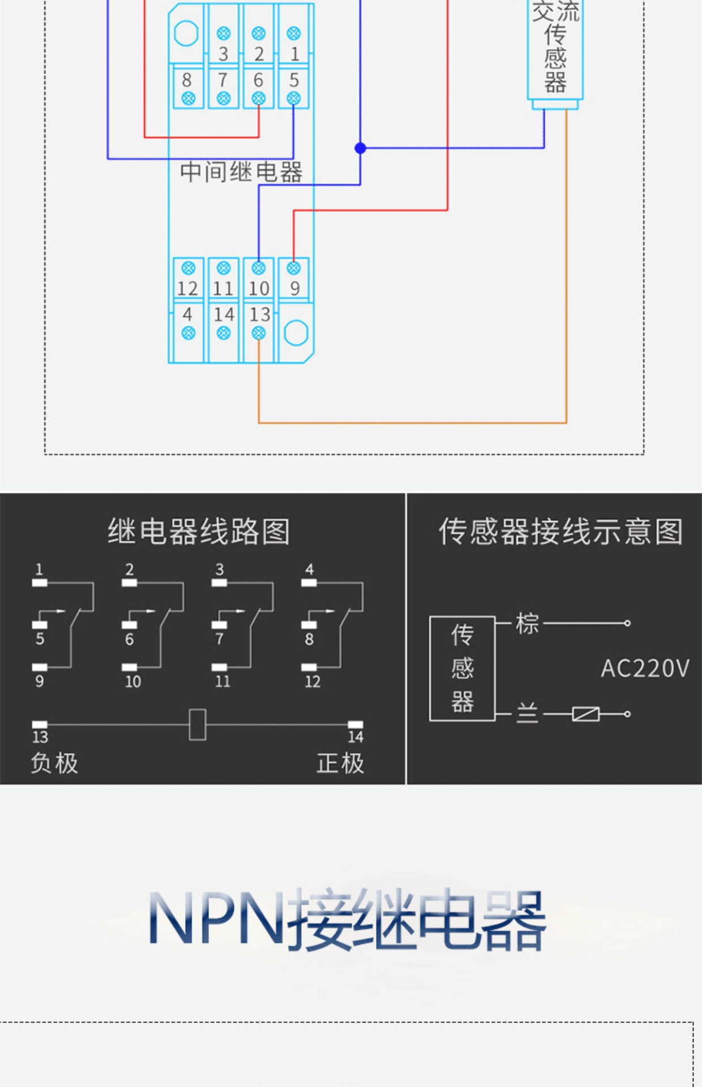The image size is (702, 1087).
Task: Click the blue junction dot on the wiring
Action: click(x=360, y=148)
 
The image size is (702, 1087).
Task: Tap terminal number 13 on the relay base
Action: click(x=260, y=314)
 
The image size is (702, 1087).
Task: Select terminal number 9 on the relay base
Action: click(x=294, y=289)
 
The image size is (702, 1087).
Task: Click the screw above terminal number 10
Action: click(x=259, y=268)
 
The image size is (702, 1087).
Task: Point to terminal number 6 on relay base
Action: click(x=258, y=80)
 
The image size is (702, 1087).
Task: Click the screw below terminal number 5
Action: click(x=293, y=99)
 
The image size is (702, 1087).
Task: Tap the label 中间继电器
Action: click(x=241, y=172)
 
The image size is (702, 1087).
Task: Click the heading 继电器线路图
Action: click(x=199, y=532)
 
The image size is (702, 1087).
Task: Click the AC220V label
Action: click(x=645, y=669)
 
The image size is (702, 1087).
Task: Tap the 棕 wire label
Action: click(x=527, y=624)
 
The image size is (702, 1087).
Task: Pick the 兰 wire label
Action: click(x=527, y=713)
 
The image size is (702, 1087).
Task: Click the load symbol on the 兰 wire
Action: click(x=585, y=714)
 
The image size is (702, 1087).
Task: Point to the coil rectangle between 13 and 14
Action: click(x=197, y=724)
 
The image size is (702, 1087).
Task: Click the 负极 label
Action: click(x=54, y=763)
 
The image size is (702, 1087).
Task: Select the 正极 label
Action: click(x=340, y=763)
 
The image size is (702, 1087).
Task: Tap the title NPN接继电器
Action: click(x=347, y=918)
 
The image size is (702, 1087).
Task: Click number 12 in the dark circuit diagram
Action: click(x=313, y=681)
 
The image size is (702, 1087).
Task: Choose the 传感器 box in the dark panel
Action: click(x=463, y=669)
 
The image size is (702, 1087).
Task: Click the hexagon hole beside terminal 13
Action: click(x=296, y=333)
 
